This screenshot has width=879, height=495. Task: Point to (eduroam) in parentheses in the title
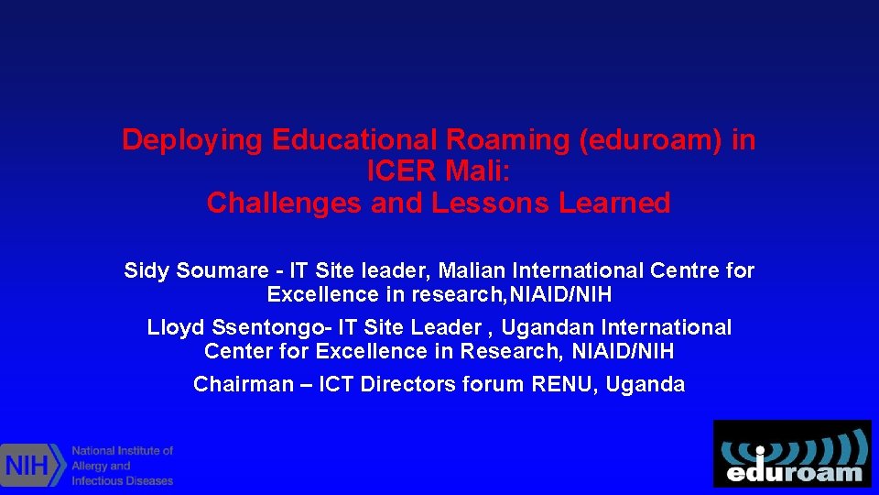tap(653, 140)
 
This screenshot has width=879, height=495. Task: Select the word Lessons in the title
tap(490, 203)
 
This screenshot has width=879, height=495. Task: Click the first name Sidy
tap(146, 271)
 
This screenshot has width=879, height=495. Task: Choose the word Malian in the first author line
tap(472, 271)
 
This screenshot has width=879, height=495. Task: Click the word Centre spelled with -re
tap(686, 271)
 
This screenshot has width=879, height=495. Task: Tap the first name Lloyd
tap(173, 328)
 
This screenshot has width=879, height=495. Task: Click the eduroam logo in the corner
tap(792, 454)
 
